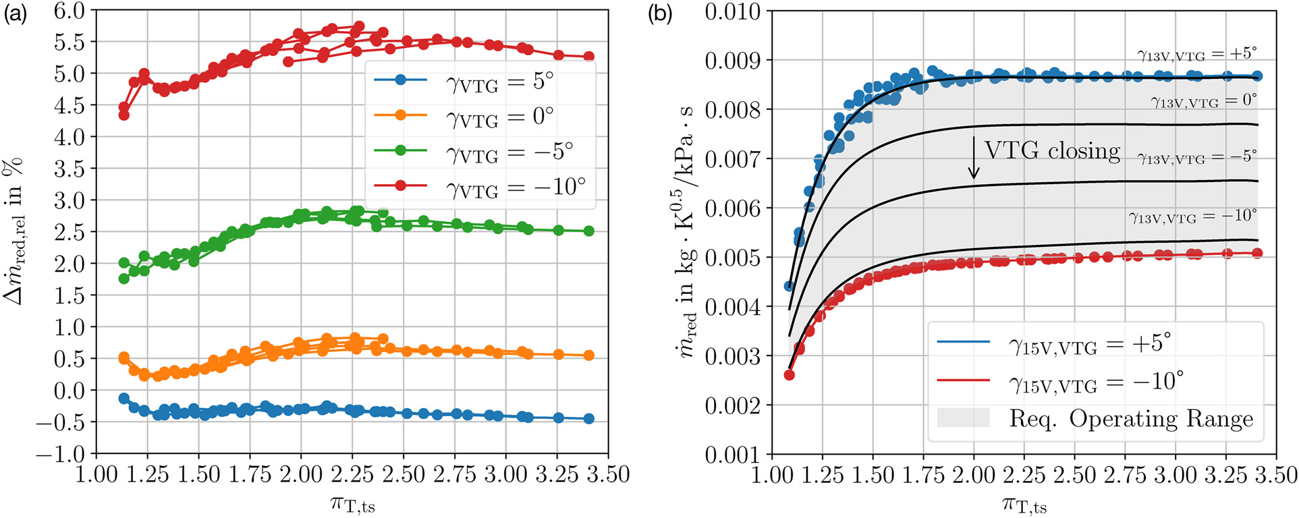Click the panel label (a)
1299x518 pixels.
(x=15, y=13)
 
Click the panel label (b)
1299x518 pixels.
(x=659, y=13)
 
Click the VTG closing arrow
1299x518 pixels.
(x=973, y=158)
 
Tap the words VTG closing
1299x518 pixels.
(x=1052, y=150)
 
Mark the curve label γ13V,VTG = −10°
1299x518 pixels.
(x=1192, y=217)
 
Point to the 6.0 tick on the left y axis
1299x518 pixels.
(x=70, y=11)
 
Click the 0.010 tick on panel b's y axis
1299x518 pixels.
(x=732, y=11)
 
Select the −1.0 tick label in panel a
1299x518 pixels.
(x=61, y=454)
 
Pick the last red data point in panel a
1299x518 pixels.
(x=588, y=57)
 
